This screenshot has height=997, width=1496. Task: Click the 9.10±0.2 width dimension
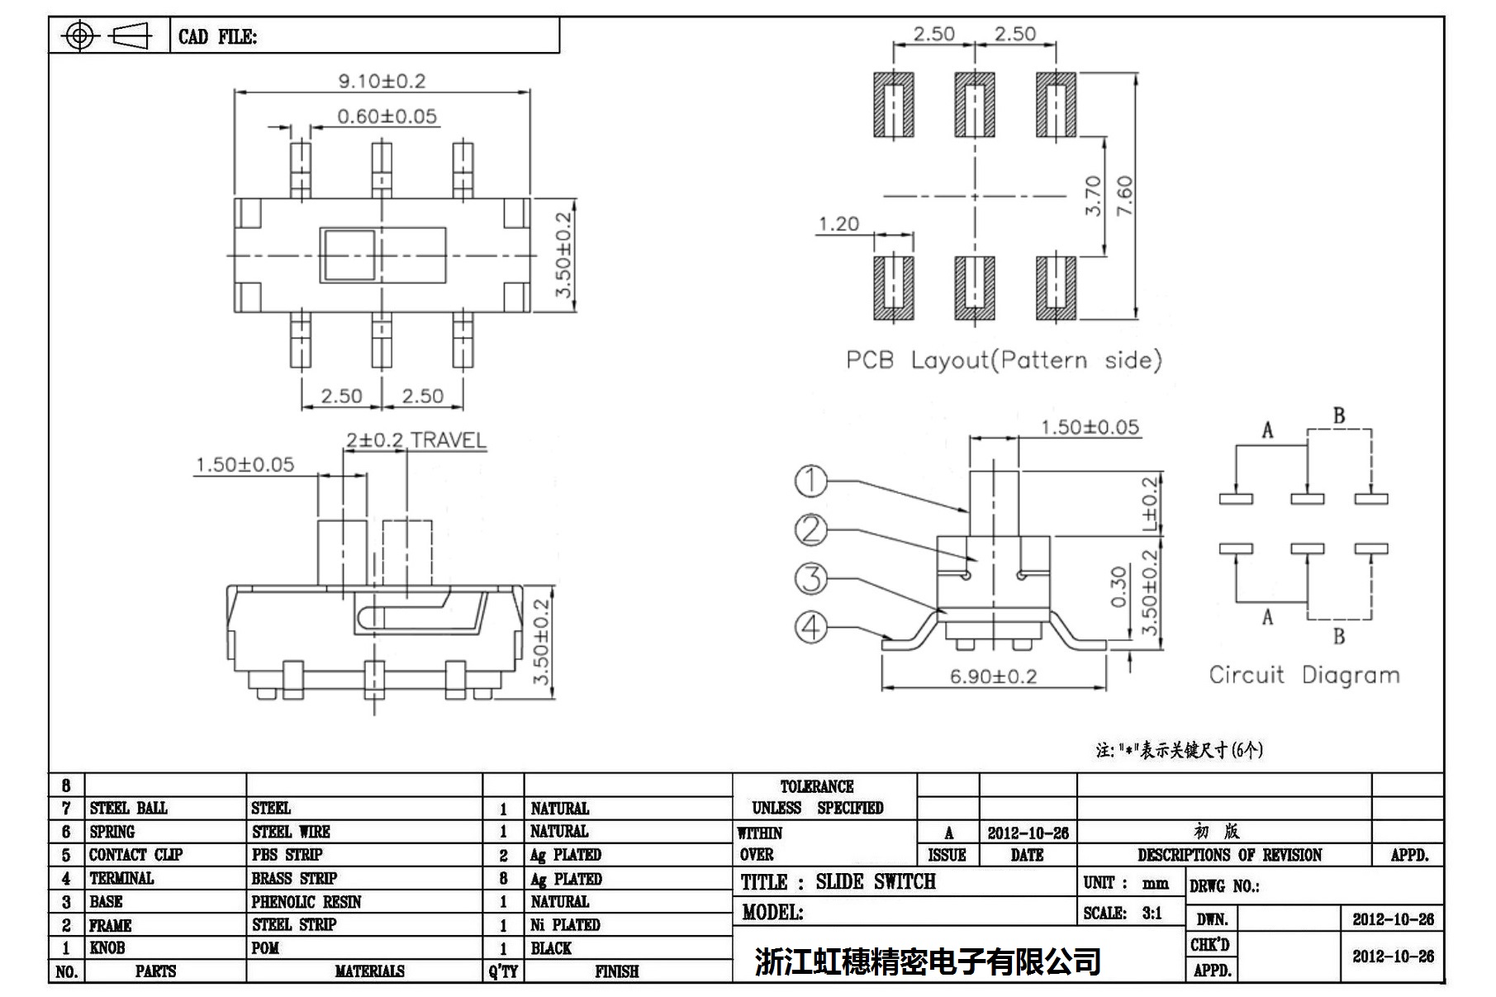(382, 81)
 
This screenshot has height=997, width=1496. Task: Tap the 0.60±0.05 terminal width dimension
(387, 116)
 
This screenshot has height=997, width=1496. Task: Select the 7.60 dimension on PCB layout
(1125, 197)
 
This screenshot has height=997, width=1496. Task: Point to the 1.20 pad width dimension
(838, 224)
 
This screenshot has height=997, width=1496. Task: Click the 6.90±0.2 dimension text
(993, 677)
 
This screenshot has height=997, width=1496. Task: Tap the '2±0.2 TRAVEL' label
(416, 440)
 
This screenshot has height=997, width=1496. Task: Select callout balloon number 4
(810, 627)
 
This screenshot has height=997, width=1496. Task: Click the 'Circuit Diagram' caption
(1304, 675)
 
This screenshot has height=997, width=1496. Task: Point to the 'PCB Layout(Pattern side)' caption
(1004, 360)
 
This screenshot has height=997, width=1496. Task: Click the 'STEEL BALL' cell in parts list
(128, 808)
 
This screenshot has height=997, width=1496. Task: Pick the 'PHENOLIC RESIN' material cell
(306, 901)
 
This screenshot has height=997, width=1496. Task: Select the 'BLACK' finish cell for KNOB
(551, 947)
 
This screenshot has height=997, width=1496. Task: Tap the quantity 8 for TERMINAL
(503, 878)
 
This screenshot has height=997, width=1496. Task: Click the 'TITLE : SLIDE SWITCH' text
(838, 882)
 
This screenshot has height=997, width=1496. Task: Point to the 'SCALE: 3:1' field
(1123, 913)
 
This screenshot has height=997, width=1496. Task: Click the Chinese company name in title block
(927, 961)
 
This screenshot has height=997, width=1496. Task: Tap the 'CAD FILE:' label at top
(217, 37)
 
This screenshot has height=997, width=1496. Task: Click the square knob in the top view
(349, 255)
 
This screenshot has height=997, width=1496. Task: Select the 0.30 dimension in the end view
(1118, 586)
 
